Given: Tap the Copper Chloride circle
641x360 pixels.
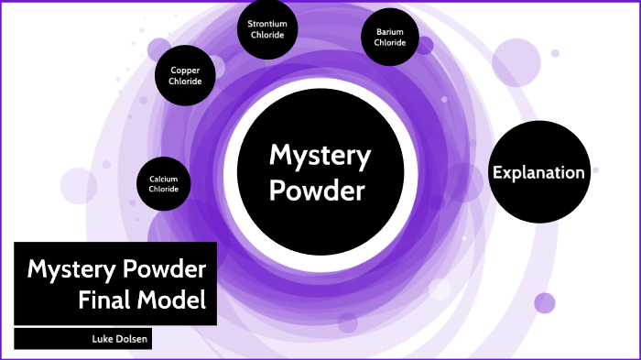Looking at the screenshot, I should pos(185,75).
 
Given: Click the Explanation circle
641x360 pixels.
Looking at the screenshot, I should pos(538,172).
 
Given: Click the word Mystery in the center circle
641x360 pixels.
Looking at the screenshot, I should pos(320,156).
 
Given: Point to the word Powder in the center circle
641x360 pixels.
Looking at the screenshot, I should pos(320,191).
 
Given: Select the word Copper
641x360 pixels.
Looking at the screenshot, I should pos(185,70).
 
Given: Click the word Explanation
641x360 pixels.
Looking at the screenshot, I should pos(538,172).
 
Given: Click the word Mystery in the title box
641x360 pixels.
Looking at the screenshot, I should pos(70,269).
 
